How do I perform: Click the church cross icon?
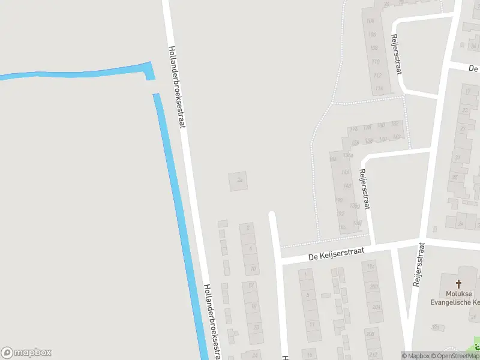coord(460,284)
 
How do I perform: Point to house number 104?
coord(370,20)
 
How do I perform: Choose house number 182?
coord(394,124)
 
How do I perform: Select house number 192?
coord(341,214)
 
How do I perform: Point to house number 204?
coord(376,307)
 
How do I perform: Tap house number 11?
coord(311,324)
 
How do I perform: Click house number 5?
coord(308,295)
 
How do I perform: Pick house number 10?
coord(253,268)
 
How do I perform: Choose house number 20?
coord(256,327)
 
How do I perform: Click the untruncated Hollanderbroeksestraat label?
coord(177,87)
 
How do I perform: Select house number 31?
coord(458,157)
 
